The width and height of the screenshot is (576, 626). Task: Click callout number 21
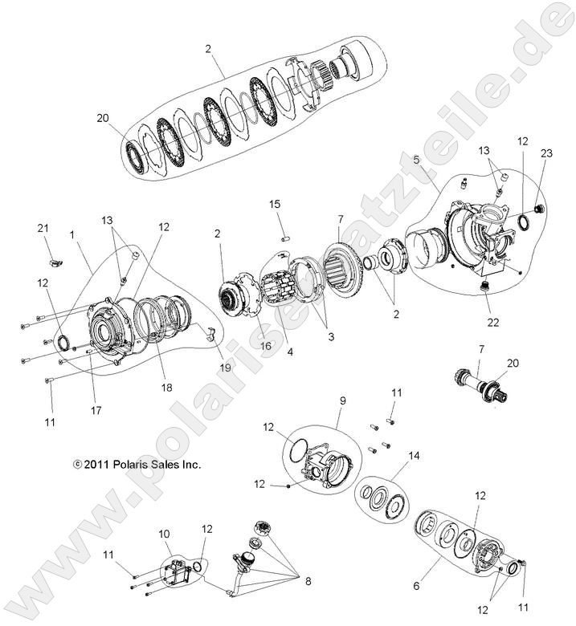(44, 229)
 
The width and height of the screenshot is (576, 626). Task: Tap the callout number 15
(276, 205)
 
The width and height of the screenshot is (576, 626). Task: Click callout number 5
(416, 161)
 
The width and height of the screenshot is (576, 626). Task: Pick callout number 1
(72, 235)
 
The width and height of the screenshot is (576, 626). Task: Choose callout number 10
(164, 533)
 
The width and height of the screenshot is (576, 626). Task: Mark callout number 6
(416, 587)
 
